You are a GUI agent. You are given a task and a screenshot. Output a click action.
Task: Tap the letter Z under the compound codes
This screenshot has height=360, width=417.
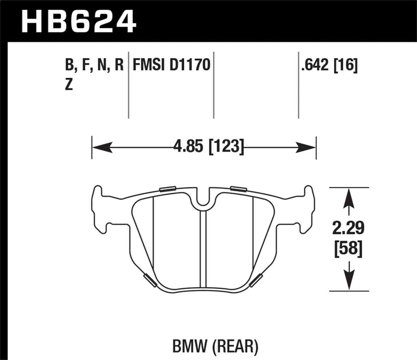(69, 85)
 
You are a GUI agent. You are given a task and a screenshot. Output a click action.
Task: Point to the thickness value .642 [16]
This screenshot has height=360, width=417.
(328, 66)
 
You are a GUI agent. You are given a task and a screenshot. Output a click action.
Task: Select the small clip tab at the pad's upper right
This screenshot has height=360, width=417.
(238, 188)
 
